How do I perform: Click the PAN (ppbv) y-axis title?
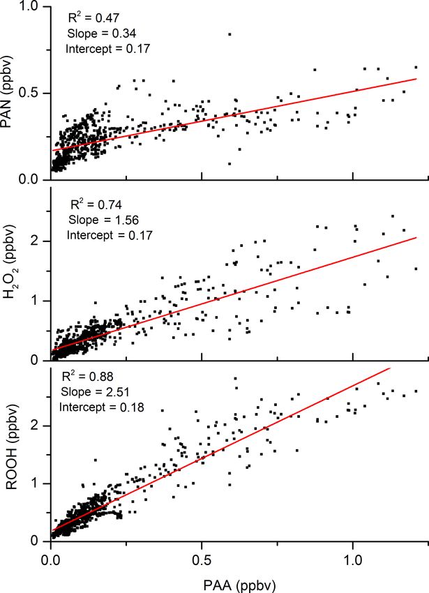(x=12, y=93)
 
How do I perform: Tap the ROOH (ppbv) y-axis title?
(x=12, y=453)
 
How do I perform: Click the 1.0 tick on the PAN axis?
(x=31, y=7)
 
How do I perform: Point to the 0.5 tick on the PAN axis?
(x=31, y=93)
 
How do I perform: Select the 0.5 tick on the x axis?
(x=202, y=560)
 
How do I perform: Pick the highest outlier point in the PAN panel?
(x=229, y=33)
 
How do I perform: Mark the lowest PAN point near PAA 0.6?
(x=229, y=164)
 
